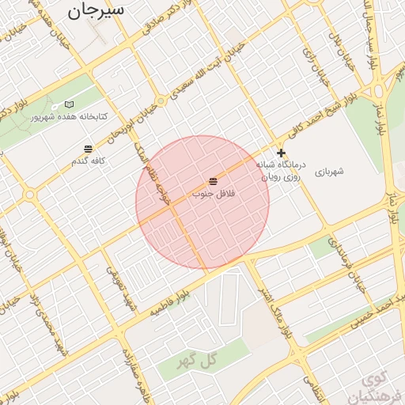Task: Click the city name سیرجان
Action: coord(96,11)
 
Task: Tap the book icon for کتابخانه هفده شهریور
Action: coord(69,104)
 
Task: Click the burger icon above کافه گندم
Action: coord(88,149)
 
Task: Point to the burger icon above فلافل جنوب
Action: coord(212,181)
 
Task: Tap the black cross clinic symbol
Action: coord(281,153)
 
